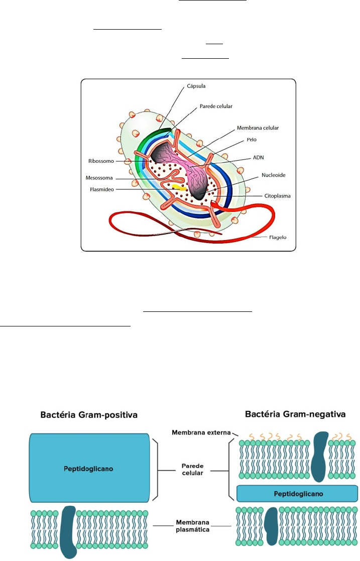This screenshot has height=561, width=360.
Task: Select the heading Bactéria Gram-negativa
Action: pyautogui.click(x=295, y=414)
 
